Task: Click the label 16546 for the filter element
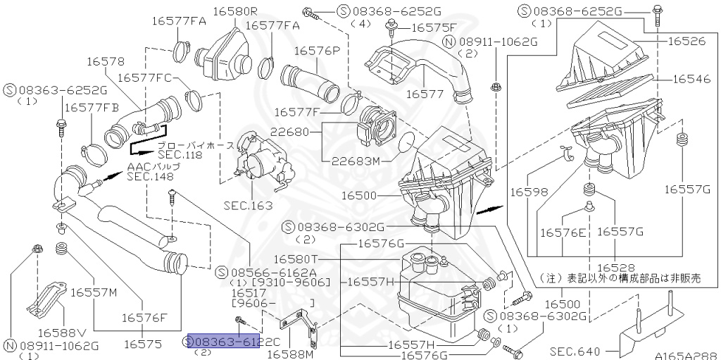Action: pyautogui.click(x=691, y=80)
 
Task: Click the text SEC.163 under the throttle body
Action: pyautogui.click(x=247, y=206)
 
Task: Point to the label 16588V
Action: pyautogui.click(x=62, y=332)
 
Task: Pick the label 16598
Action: pyautogui.click(x=529, y=192)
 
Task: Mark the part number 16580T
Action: pyautogui.click(x=296, y=259)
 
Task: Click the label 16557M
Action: pyautogui.click(x=93, y=292)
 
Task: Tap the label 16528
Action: pyautogui.click(x=616, y=268)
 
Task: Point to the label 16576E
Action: pyautogui.click(x=563, y=231)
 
